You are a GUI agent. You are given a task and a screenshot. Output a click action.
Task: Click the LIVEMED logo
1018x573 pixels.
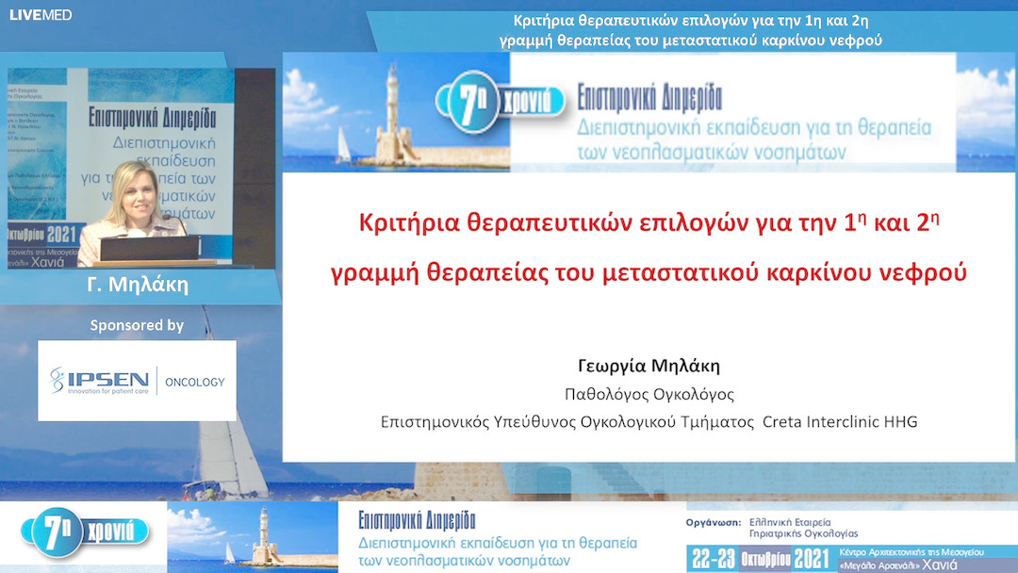coord(41,15)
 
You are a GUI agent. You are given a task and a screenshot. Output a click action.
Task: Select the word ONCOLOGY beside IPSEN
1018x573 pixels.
coord(195,382)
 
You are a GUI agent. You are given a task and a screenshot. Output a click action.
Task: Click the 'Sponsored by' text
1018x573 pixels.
coord(137,325)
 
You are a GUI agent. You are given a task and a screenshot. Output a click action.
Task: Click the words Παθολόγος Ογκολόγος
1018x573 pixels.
coord(649,394)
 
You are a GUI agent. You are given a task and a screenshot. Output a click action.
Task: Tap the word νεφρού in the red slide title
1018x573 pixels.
coord(928,273)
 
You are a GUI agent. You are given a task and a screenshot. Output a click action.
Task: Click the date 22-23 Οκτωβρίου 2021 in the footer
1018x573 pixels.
coord(760,557)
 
